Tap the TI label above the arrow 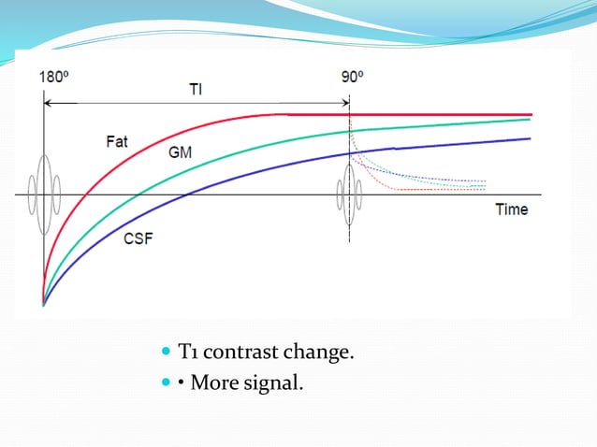[x=195, y=89]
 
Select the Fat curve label [x=117, y=142]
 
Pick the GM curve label [x=180, y=151]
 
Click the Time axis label [x=511, y=209]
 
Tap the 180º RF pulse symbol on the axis [x=43, y=195]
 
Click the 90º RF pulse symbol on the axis [x=350, y=195]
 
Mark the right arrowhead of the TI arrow [x=345, y=101]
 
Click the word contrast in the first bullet [x=237, y=353]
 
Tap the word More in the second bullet [x=211, y=382]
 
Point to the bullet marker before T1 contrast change [x=167, y=353]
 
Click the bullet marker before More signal [x=167, y=382]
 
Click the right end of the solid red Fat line [x=530, y=114]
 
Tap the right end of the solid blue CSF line [x=530, y=138]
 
